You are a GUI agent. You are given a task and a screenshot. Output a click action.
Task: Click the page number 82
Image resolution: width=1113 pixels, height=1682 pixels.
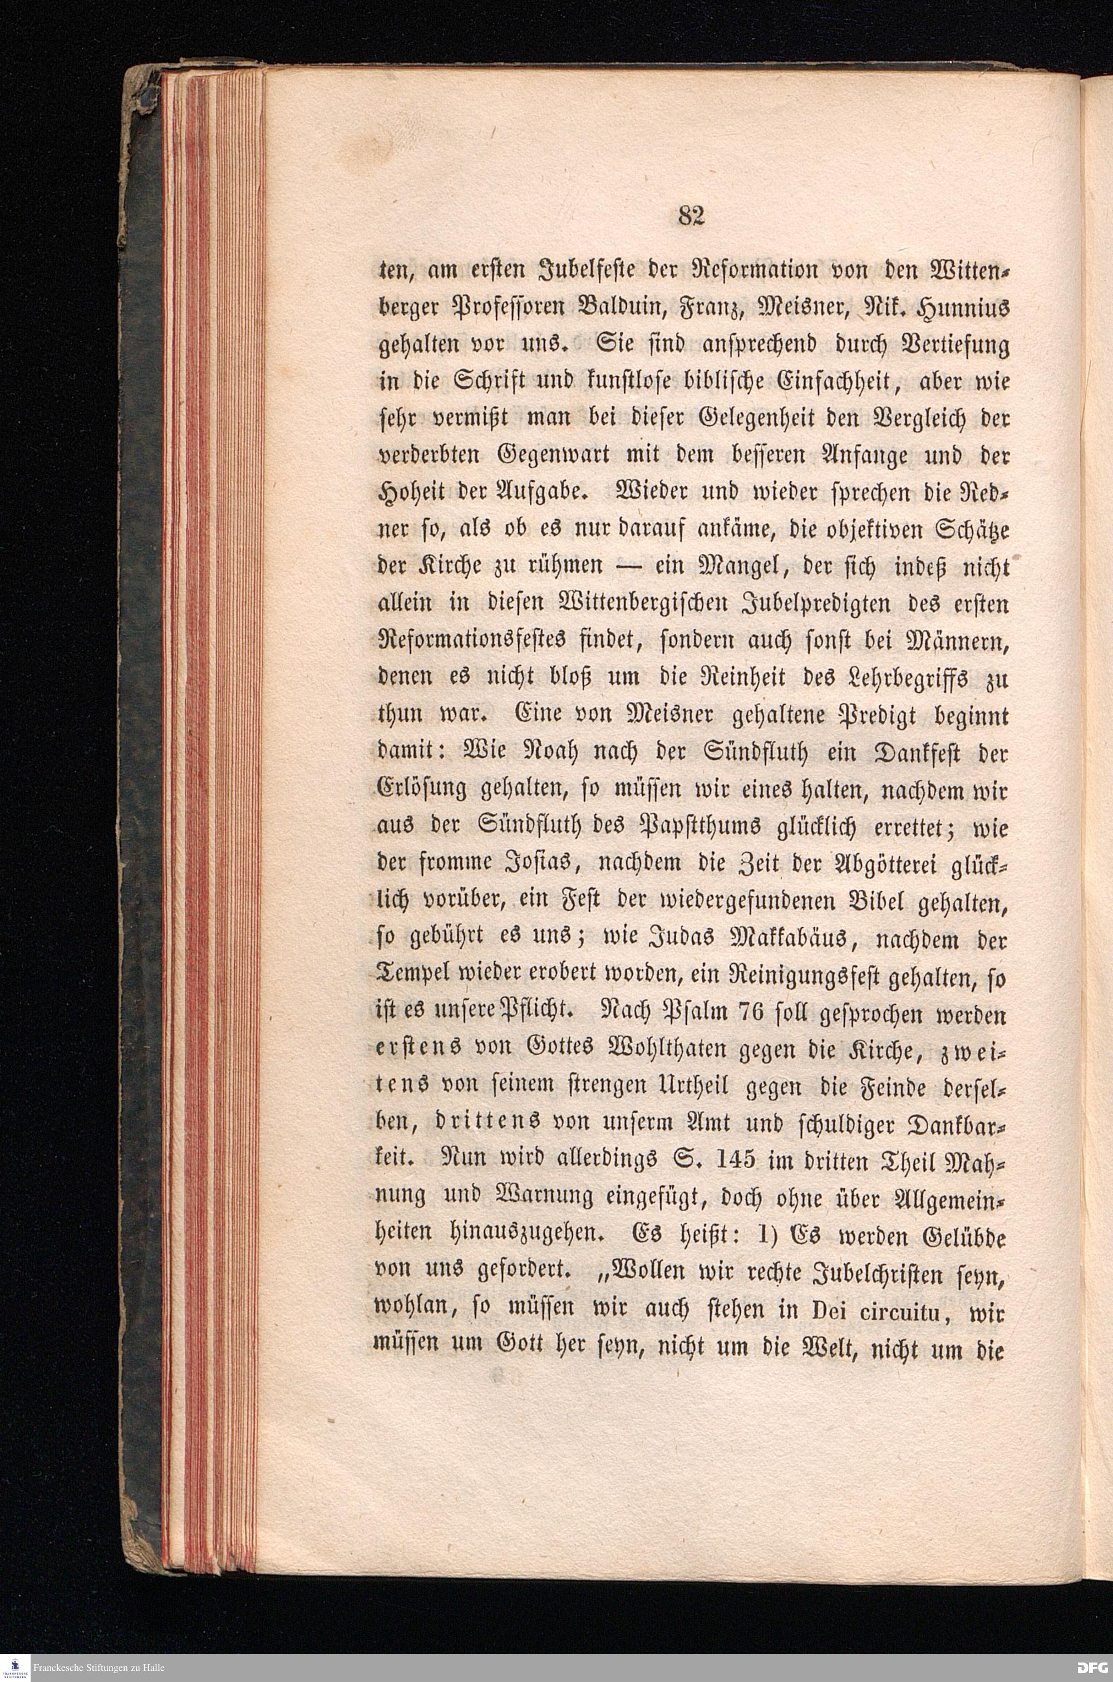coord(690,215)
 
